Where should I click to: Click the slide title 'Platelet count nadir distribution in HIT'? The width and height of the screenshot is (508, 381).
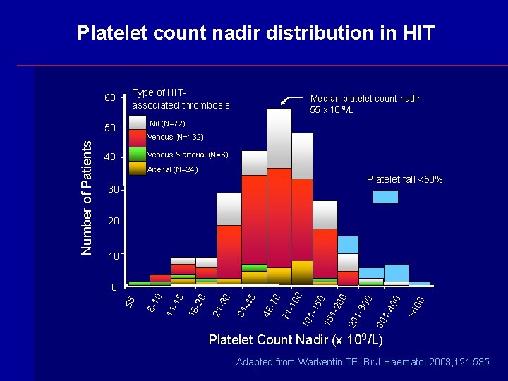click(x=255, y=33)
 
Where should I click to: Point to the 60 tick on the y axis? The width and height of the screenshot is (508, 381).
click(x=110, y=97)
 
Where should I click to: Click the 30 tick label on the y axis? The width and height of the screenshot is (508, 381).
click(x=113, y=190)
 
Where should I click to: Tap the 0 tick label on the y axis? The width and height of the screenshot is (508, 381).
click(x=114, y=288)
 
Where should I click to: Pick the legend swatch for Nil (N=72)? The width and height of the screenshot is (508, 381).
click(x=138, y=123)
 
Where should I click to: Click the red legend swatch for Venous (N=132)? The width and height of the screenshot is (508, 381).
click(x=138, y=138)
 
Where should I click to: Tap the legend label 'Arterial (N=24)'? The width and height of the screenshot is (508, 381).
click(x=172, y=169)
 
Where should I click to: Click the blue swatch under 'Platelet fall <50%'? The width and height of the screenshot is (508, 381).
click(x=385, y=197)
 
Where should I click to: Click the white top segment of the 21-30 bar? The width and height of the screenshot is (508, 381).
click(x=229, y=209)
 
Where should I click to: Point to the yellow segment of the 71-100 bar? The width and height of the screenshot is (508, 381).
click(x=302, y=272)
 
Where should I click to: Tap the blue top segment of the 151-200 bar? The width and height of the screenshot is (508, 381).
click(x=348, y=245)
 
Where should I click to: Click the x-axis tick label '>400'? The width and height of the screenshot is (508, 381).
click(x=416, y=305)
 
